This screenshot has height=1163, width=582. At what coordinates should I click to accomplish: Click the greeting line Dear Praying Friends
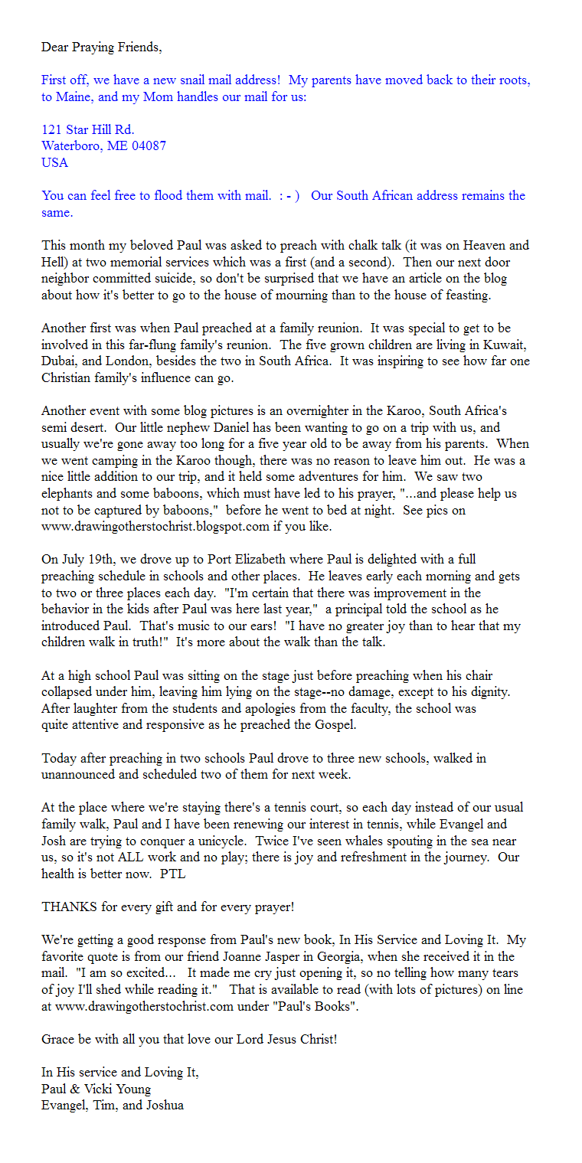click(101, 47)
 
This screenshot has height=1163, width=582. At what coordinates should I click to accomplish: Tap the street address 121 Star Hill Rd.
click(88, 129)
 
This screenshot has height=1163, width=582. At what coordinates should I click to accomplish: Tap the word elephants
click(69, 494)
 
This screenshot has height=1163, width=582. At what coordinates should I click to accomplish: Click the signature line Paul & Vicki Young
click(96, 1089)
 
